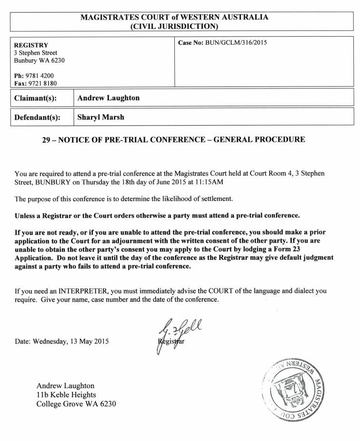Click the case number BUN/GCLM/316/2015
click(x=236, y=43)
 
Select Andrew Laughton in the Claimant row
click(x=109, y=98)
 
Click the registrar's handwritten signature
click(x=171, y=333)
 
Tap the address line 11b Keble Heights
click(x=66, y=395)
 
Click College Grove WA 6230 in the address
click(x=76, y=404)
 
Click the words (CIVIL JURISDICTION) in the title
click(x=174, y=26)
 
